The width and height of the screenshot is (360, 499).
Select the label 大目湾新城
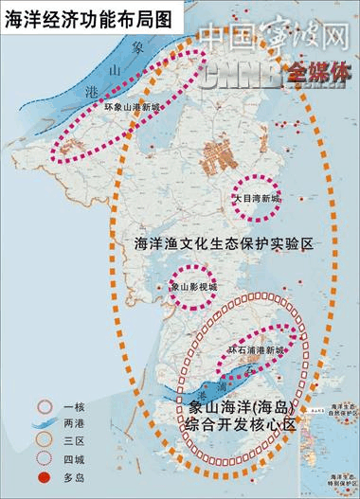[258, 197]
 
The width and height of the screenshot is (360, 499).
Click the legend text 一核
[73, 405]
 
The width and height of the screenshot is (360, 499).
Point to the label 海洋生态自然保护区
[339, 409]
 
